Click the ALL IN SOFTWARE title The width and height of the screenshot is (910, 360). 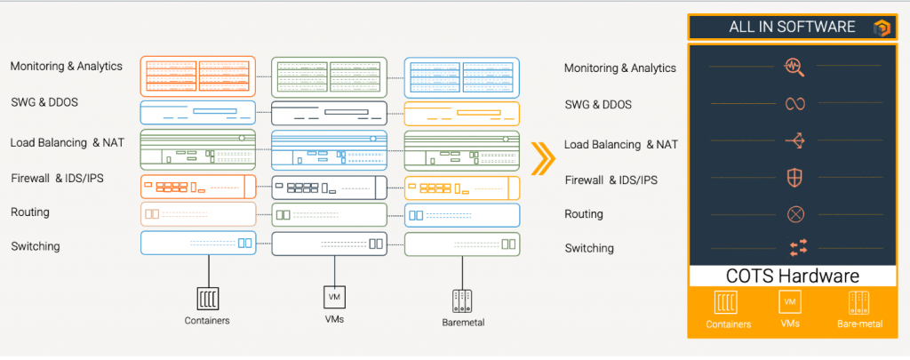click(x=792, y=27)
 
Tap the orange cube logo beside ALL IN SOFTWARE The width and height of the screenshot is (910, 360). click(x=881, y=28)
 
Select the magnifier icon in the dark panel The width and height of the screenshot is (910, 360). click(x=794, y=67)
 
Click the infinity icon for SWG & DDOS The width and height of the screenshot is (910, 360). click(x=794, y=103)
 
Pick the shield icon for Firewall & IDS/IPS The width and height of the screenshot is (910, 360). click(x=794, y=178)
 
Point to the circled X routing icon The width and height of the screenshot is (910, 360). click(x=795, y=214)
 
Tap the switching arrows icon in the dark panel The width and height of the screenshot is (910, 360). click(x=797, y=247)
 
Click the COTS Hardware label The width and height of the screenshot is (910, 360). click(x=793, y=276)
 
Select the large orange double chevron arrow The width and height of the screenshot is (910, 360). click(x=543, y=156)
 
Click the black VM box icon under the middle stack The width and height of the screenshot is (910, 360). click(x=334, y=297)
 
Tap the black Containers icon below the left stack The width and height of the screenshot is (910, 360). click(x=207, y=299)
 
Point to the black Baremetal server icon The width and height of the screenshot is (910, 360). click(x=462, y=300)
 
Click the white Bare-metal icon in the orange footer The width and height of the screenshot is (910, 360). click(x=859, y=302)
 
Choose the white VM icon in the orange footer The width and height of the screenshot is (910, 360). click(x=790, y=301)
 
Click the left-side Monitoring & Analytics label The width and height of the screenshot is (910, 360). click(x=66, y=66)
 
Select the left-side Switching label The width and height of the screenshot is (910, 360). click(x=36, y=246)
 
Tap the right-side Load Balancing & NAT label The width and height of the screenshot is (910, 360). click(x=621, y=145)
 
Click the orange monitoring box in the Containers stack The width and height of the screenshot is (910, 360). click(x=198, y=76)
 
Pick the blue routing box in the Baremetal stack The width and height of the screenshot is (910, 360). click(x=462, y=215)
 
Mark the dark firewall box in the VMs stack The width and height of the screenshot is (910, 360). click(x=329, y=187)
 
